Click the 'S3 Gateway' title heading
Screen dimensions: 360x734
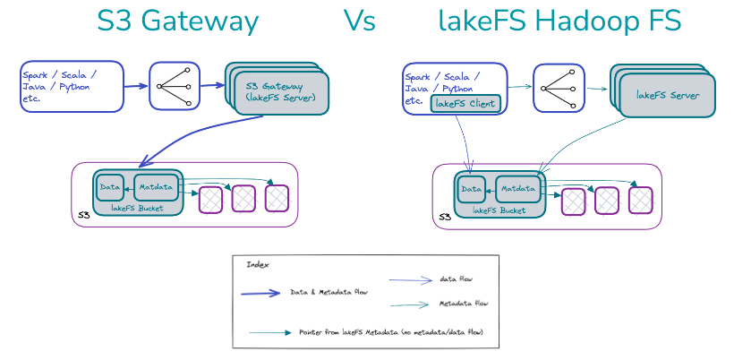tap(177, 22)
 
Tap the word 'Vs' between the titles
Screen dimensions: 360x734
tap(360, 22)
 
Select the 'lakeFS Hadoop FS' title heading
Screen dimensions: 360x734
tap(560, 22)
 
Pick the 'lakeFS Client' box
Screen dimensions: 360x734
tap(465, 104)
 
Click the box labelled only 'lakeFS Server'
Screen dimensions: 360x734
tap(668, 94)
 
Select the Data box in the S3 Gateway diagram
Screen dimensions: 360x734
tap(111, 188)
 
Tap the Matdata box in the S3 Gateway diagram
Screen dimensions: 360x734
tap(156, 188)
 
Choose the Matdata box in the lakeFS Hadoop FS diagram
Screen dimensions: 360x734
tap(517, 189)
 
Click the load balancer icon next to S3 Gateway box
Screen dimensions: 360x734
tap(175, 87)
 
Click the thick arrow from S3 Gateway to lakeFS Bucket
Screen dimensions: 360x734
tap(192, 140)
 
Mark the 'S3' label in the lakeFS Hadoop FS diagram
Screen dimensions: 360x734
tap(444, 217)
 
